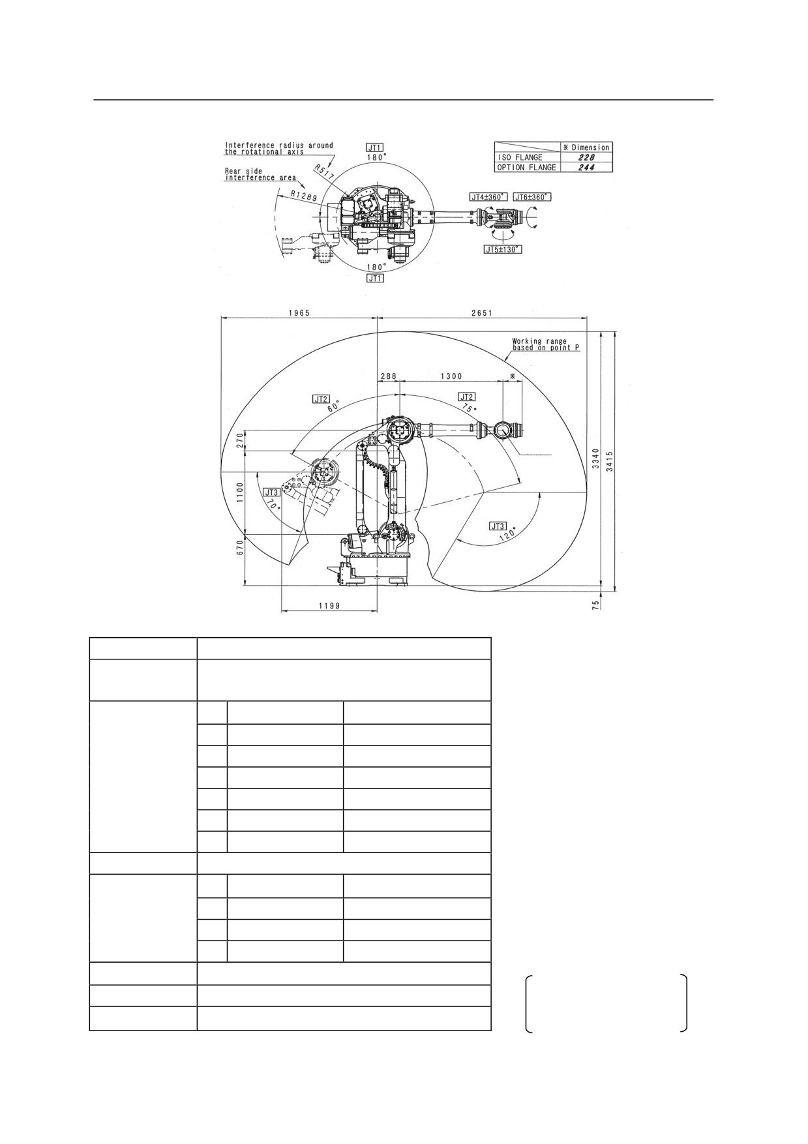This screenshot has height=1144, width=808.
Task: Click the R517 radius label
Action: click(325, 172)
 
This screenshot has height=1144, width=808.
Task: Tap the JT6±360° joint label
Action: click(532, 197)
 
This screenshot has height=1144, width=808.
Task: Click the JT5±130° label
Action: click(503, 249)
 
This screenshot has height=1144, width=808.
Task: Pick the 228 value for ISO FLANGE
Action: click(587, 157)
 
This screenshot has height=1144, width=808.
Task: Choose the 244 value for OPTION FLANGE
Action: click(587, 167)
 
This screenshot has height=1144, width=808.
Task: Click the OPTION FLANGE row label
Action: click(527, 167)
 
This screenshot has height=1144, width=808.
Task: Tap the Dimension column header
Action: click(586, 147)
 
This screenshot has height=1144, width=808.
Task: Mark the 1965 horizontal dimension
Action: click(299, 312)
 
